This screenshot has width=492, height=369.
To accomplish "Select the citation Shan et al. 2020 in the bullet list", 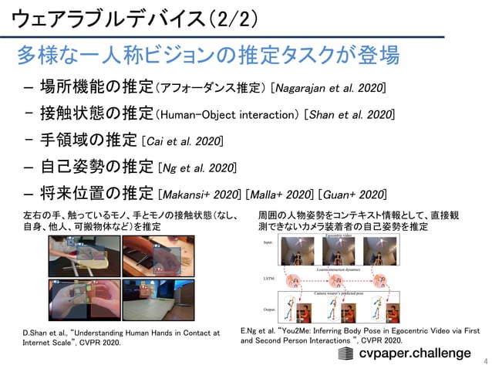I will pos(351,114).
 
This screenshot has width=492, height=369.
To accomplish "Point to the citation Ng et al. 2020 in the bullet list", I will pos(197,168).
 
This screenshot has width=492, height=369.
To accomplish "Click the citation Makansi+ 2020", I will pos(199,193).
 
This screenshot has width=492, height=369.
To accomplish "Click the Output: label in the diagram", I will pos(269,308).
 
